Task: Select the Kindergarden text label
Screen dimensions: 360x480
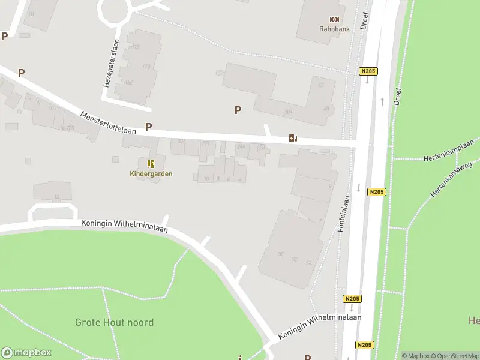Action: click(151, 174)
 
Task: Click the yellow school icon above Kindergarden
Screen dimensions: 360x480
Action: click(151, 163)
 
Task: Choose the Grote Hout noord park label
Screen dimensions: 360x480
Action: click(114, 322)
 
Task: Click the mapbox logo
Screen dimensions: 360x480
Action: click(26, 353)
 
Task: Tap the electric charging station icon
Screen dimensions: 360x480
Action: click(293, 139)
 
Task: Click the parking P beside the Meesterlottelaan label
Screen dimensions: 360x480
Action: click(148, 127)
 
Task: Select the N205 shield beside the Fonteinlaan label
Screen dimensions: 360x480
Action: click(376, 192)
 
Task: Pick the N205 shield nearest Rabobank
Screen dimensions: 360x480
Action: click(368, 71)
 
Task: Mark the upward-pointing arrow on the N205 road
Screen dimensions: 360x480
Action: click(382, 101)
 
